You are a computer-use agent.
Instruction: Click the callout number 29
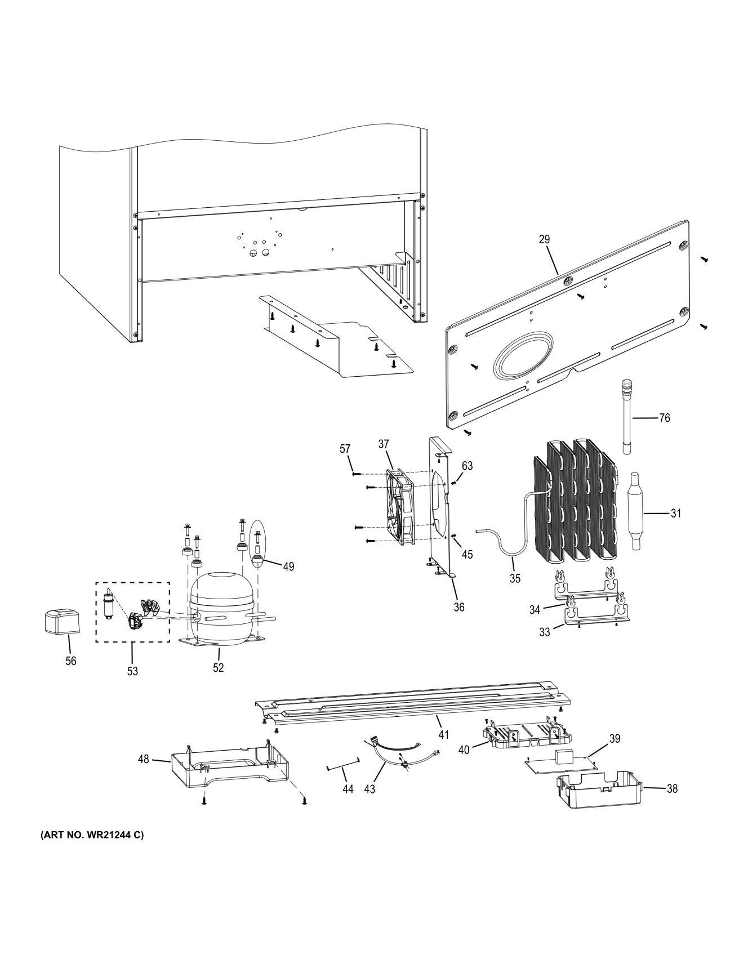[544, 239]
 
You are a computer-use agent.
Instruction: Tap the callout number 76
[665, 418]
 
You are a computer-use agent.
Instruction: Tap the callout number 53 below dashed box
[132, 671]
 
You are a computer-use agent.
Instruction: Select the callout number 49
[288, 566]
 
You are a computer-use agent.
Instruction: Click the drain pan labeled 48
[228, 769]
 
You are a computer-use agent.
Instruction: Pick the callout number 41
[444, 734]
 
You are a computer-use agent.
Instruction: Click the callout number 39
[615, 738]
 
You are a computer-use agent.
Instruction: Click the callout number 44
[348, 789]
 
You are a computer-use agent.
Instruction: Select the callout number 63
[467, 466]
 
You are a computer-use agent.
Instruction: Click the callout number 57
[345, 449]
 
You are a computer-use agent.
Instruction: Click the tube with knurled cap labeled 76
[626, 417]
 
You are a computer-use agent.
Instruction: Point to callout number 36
[459, 607]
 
